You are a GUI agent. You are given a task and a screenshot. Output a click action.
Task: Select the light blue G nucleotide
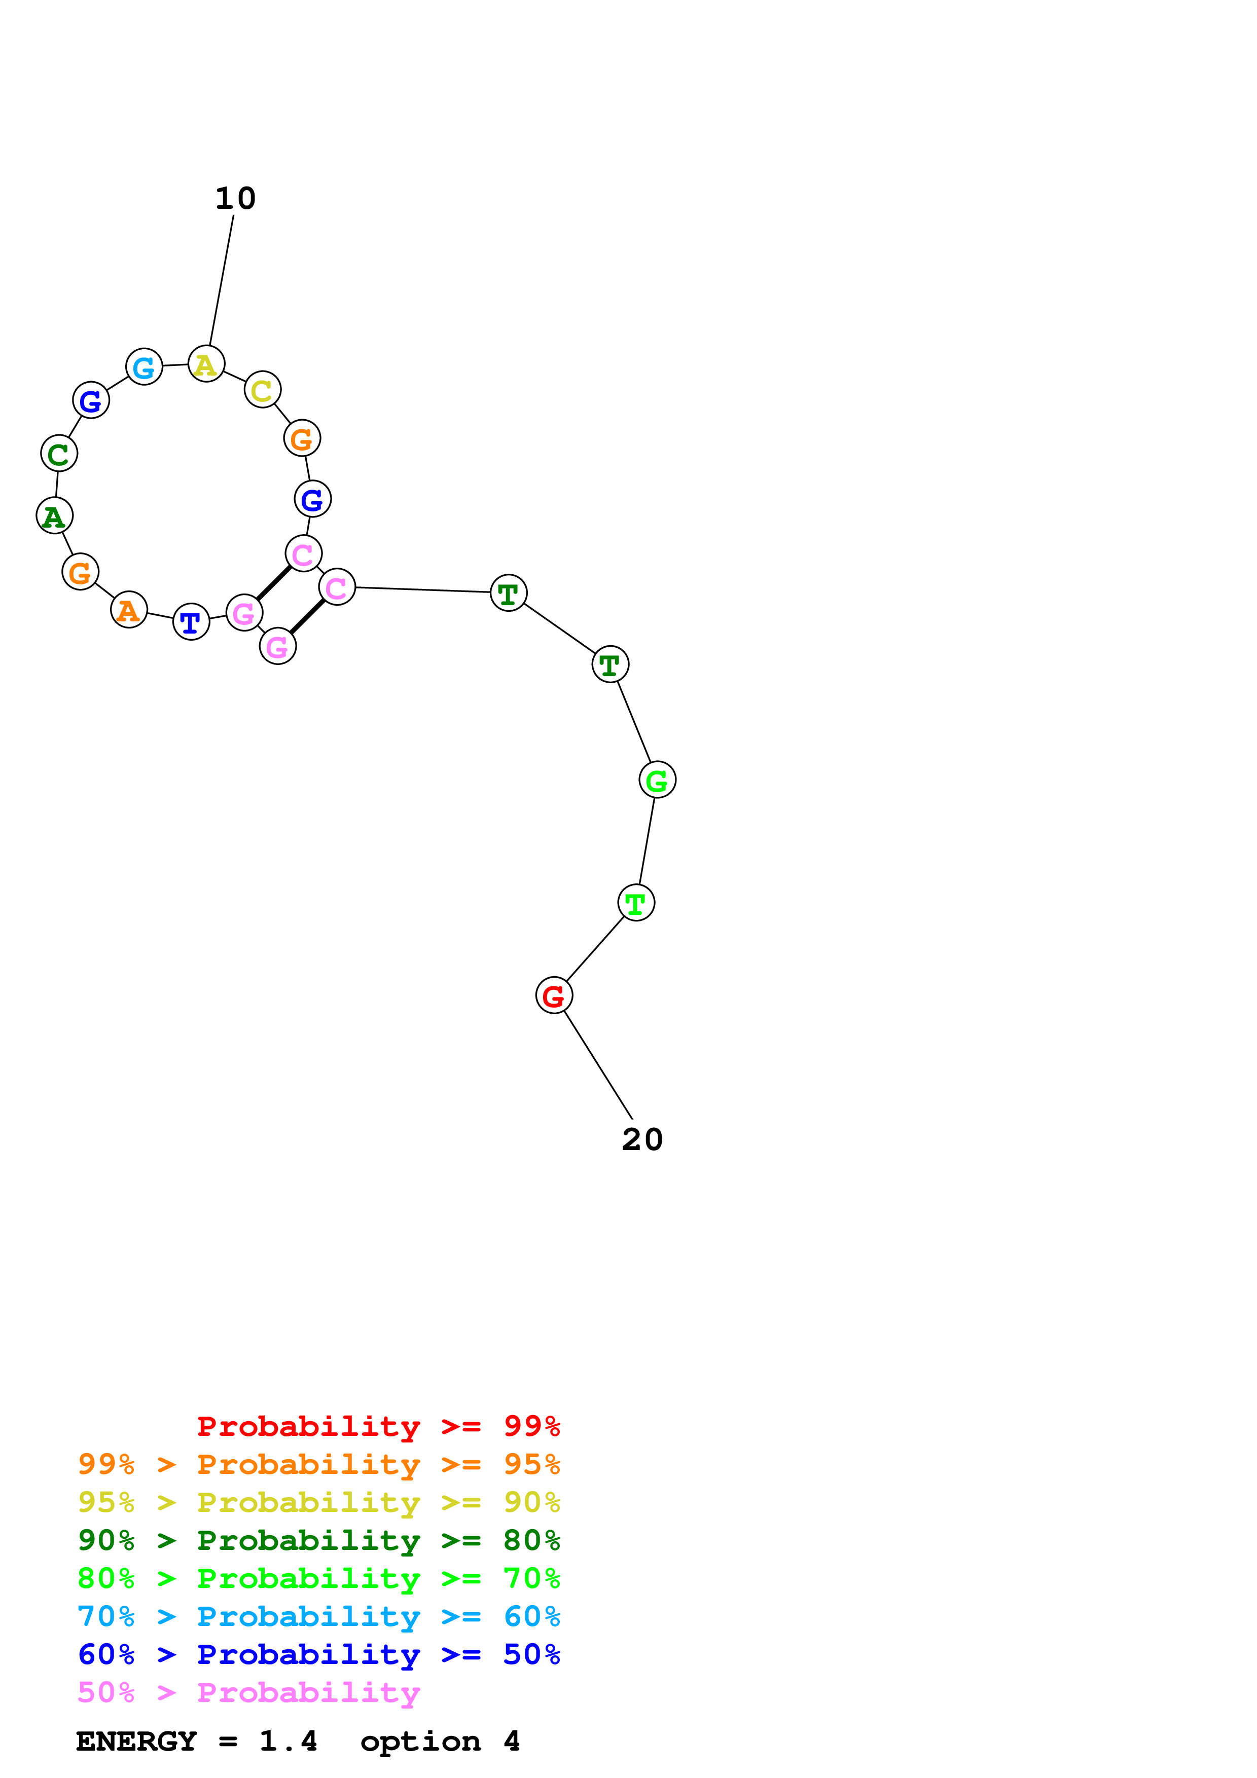coord(144,366)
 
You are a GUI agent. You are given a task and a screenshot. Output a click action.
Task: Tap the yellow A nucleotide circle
coord(206,364)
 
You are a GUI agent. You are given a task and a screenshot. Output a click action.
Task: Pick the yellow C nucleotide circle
coord(263,390)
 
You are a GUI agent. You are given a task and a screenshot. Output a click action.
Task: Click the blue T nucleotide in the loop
coord(191,621)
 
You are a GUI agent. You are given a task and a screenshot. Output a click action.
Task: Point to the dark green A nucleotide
coord(54,516)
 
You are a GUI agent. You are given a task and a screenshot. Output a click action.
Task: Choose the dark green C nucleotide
coord(59,453)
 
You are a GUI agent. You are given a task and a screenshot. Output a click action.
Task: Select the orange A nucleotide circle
coord(129,610)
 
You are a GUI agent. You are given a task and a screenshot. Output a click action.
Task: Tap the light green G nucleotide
coord(657,780)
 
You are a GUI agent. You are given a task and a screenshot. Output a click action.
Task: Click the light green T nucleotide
coord(636,903)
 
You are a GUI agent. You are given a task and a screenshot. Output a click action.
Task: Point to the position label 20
coord(642,1139)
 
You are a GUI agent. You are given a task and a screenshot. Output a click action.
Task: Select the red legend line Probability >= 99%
coord(378,1426)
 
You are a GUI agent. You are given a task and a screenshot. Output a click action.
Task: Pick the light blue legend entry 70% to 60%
coord(318,1617)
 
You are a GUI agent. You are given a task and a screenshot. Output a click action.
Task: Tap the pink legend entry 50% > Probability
coord(248,1693)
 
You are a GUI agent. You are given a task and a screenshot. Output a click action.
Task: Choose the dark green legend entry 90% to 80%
coord(318,1540)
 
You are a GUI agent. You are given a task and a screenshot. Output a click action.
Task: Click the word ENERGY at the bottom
coord(136,1742)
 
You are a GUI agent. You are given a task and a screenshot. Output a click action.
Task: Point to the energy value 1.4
coord(288,1742)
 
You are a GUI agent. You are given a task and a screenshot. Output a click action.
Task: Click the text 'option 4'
coord(439,1742)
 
